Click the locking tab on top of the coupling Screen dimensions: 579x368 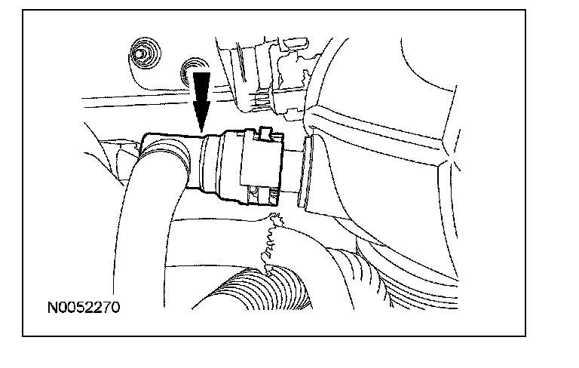(x=265, y=135)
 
